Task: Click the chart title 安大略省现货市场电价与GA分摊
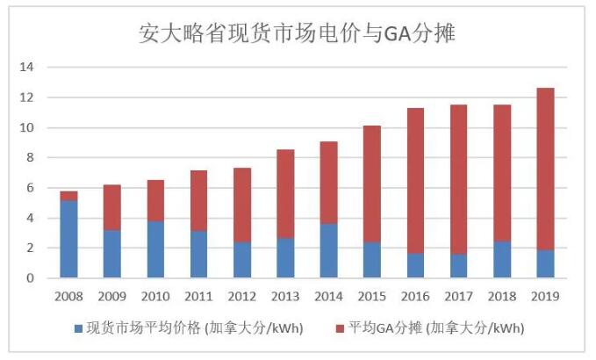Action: pyautogui.click(x=298, y=33)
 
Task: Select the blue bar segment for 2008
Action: pyautogui.click(x=68, y=240)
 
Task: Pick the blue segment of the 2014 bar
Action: pyautogui.click(x=328, y=251)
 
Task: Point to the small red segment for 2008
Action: pyautogui.click(x=68, y=196)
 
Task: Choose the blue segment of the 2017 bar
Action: pyautogui.click(x=458, y=266)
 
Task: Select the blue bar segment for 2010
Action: pyautogui.click(x=155, y=249)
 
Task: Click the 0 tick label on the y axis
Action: pyautogui.click(x=30, y=278)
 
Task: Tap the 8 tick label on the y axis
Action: pyautogui.click(x=30, y=158)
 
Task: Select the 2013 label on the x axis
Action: pyautogui.click(x=285, y=296)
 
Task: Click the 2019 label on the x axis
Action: pyautogui.click(x=545, y=296)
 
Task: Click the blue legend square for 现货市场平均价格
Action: pyautogui.click(x=78, y=329)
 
